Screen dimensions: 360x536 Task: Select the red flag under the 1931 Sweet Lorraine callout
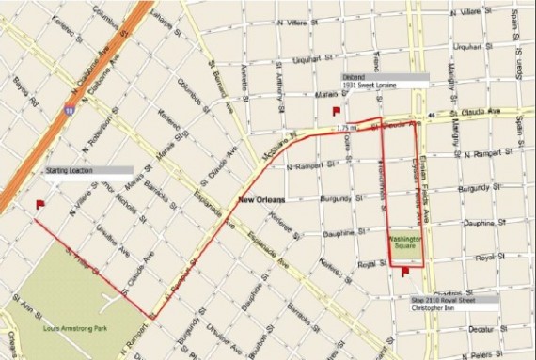(337, 109)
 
